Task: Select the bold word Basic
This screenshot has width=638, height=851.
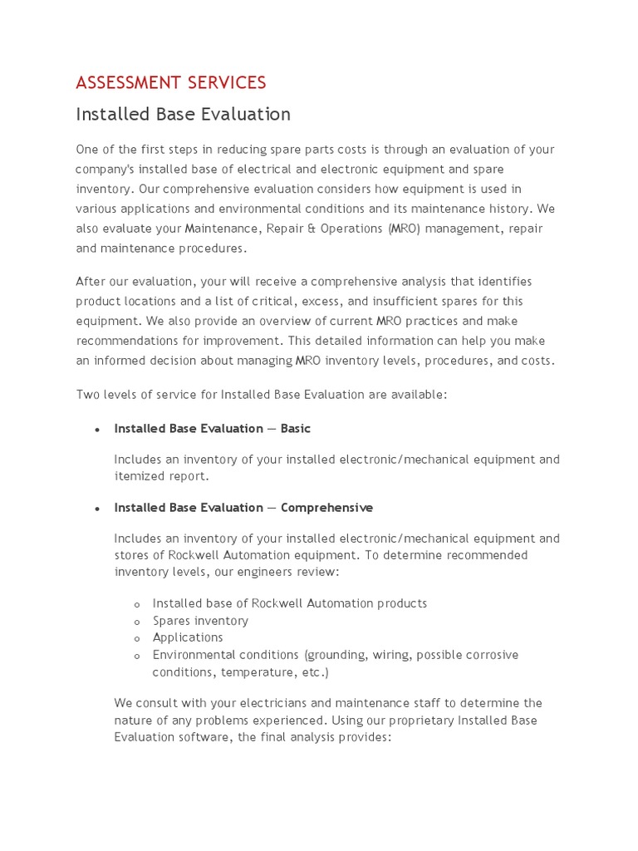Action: click(x=296, y=429)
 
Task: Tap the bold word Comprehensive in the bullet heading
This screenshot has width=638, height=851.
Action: click(x=326, y=508)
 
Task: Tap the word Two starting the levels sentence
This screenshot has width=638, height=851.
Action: click(x=88, y=395)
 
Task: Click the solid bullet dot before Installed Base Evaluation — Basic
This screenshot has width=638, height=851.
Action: click(x=97, y=430)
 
